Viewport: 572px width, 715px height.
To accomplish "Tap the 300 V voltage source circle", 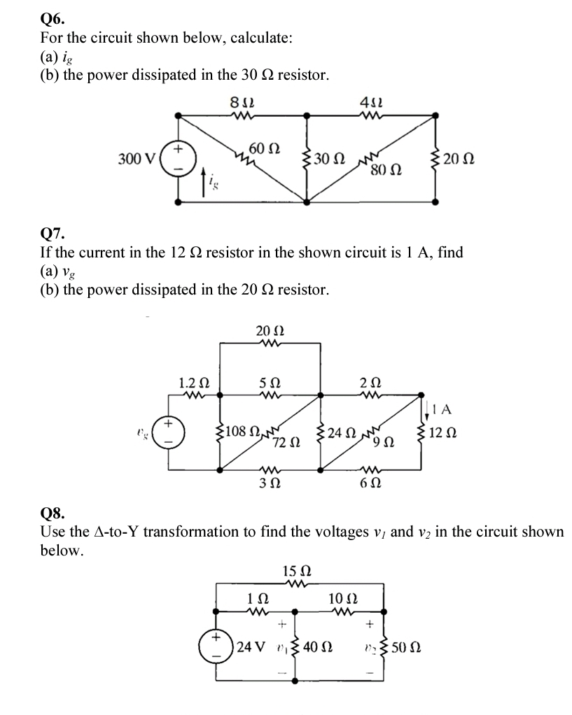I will click(179, 159).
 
